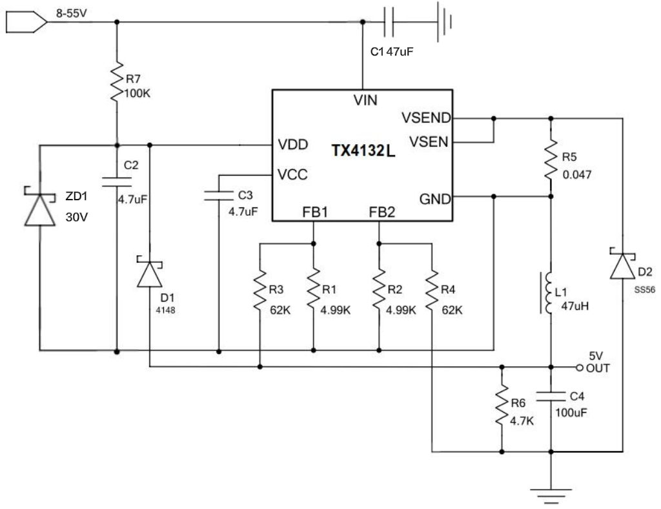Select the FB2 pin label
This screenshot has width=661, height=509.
pos(381,212)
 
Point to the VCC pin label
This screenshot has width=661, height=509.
pos(292,174)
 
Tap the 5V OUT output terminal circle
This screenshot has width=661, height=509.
pos(580,367)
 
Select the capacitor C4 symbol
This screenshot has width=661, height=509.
pos(551,395)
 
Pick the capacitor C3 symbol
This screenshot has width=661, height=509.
pos(219,195)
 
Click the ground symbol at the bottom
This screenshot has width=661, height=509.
pos(551,494)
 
